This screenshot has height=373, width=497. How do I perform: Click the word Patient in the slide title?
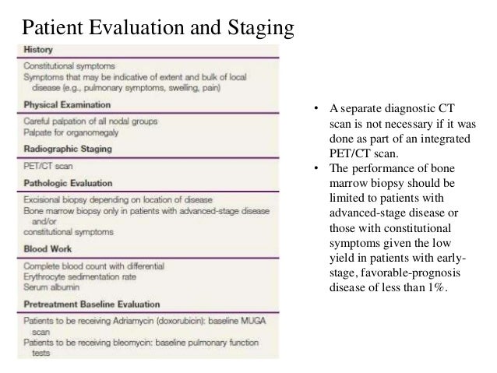56,29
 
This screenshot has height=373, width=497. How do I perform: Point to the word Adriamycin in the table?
129,319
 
